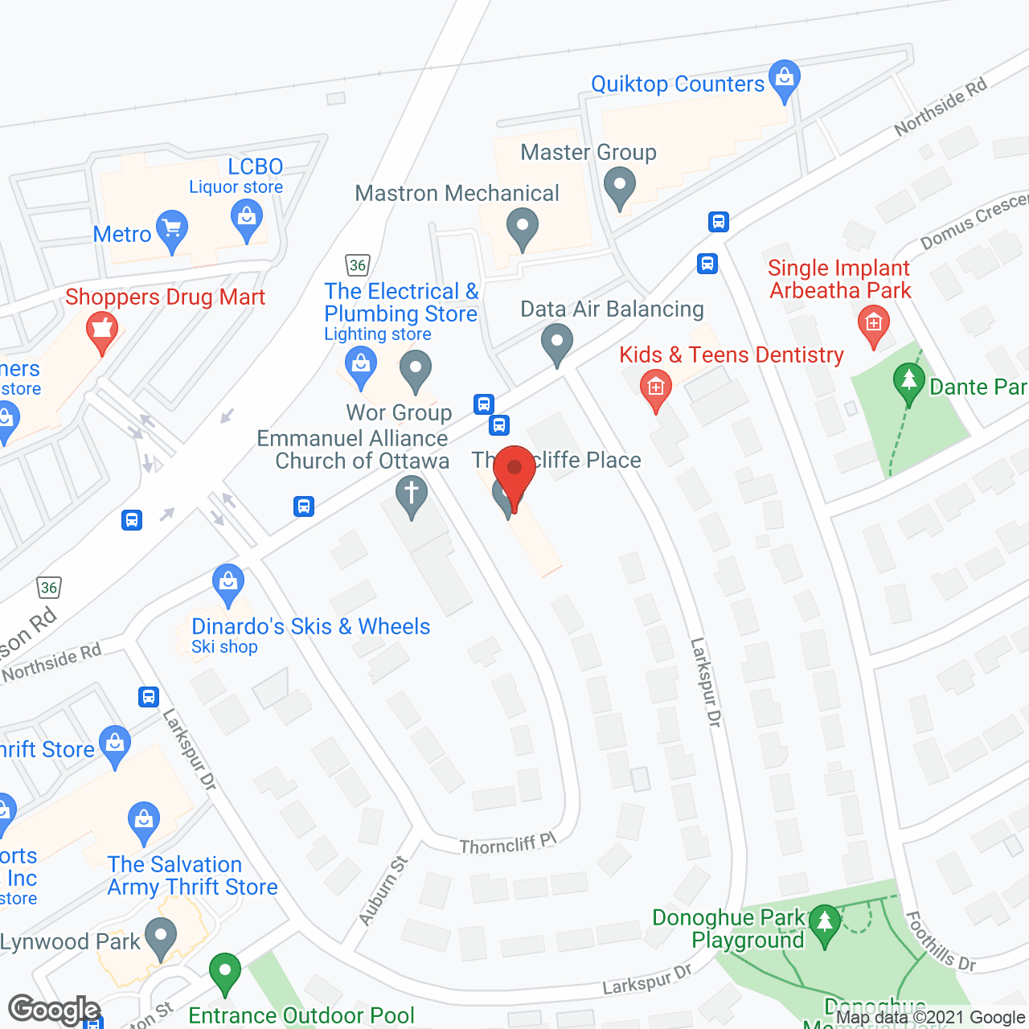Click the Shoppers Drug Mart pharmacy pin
[102, 332]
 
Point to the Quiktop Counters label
[677, 84]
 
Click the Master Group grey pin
[620, 187]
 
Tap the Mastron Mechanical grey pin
[523, 228]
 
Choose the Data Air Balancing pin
[556, 343]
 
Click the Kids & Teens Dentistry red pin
[656, 390]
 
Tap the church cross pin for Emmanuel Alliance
[412, 494]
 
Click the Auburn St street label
[383, 891]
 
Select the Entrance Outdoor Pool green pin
[225, 972]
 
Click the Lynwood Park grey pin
[161, 937]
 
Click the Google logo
[54, 1010]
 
